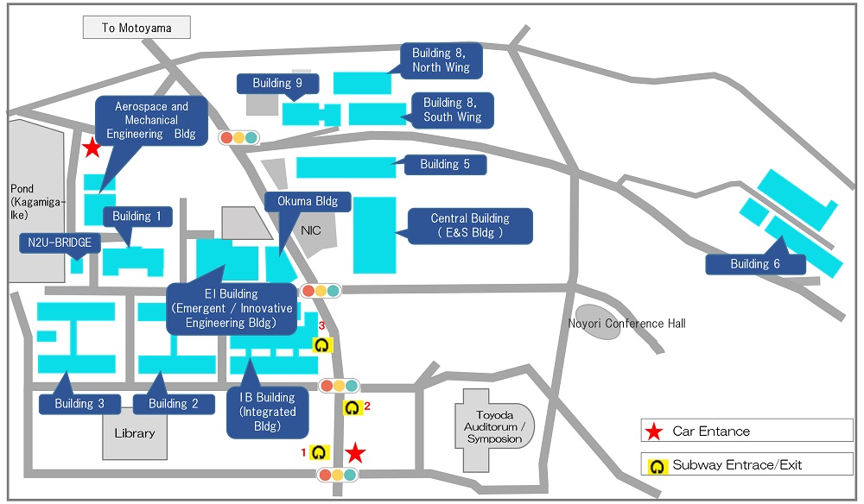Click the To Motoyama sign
(137, 28)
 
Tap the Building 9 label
(277, 83)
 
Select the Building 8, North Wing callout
(441, 60)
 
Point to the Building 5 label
(445, 164)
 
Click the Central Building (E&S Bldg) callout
(469, 225)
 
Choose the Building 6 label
(755, 263)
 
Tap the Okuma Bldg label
(308, 201)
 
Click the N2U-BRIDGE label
(60, 243)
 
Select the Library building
(135, 433)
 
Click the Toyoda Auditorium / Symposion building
(493, 427)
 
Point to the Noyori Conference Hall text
(627, 324)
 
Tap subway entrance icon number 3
(321, 345)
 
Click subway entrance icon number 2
(353, 407)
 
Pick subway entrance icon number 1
(319, 452)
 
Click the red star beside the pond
(92, 147)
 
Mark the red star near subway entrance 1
(355, 452)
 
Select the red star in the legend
(654, 432)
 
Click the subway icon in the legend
(657, 466)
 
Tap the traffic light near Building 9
(238, 137)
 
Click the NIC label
(311, 230)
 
